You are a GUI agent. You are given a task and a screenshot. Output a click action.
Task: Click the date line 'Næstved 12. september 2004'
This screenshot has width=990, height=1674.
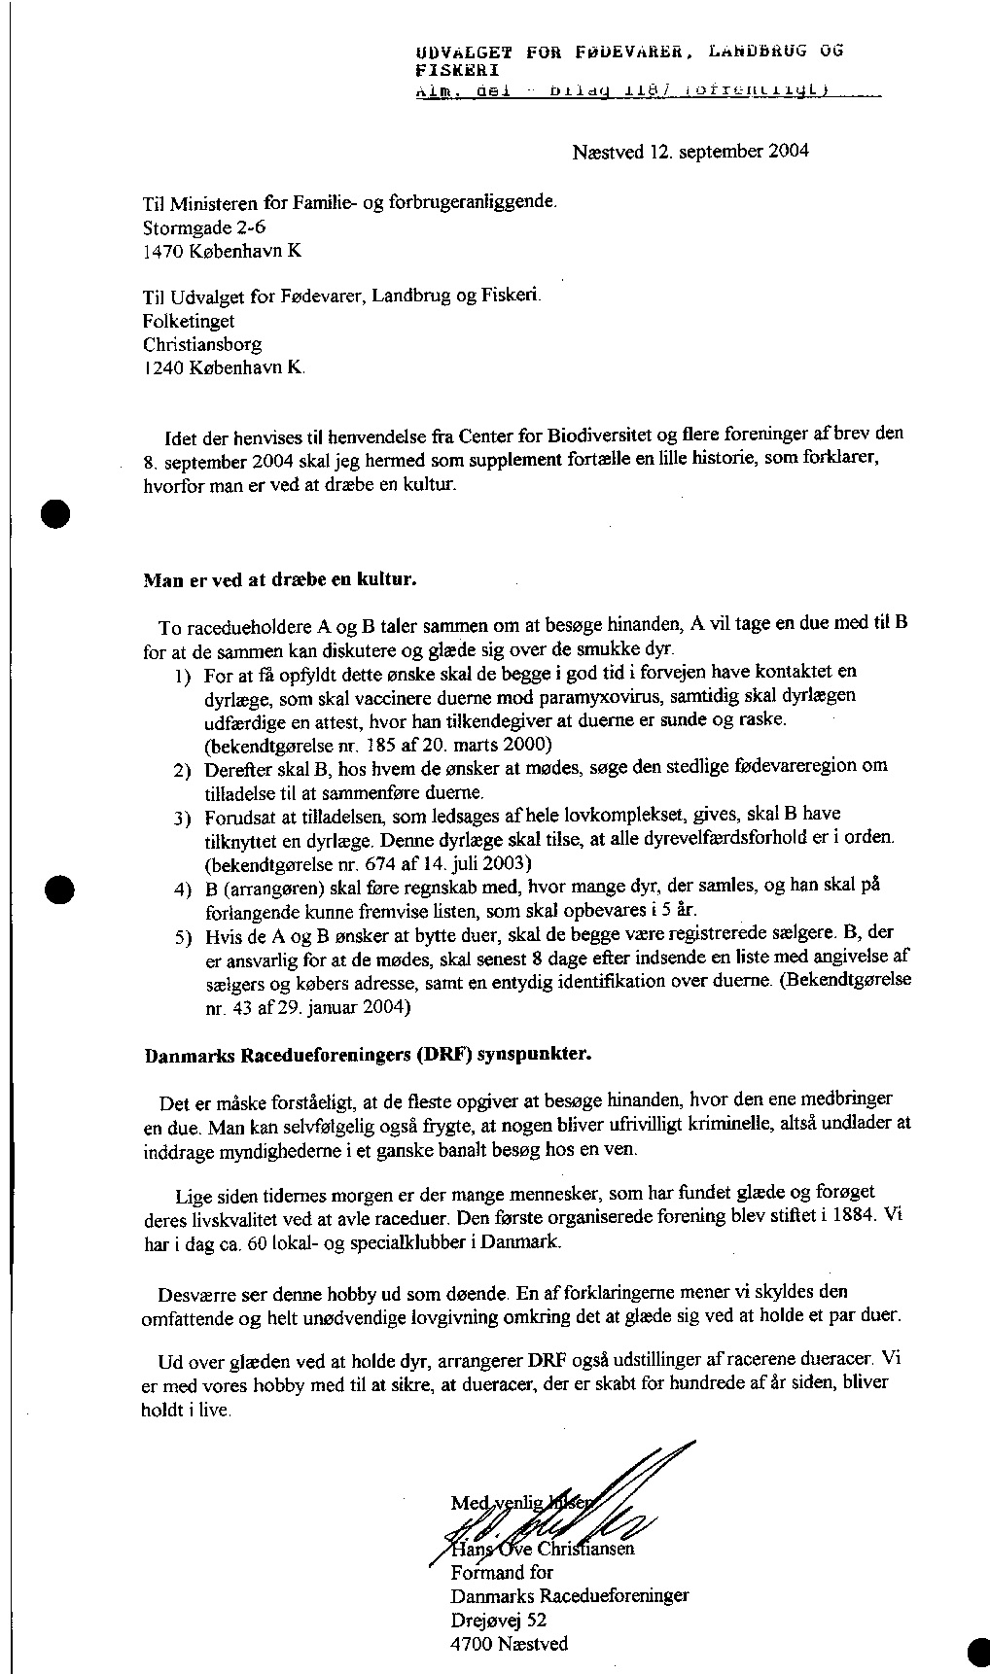690,152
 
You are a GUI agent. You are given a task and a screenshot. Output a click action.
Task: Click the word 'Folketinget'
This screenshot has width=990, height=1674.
189,321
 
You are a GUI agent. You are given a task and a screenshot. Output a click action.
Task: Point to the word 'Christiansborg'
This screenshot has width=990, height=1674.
202,344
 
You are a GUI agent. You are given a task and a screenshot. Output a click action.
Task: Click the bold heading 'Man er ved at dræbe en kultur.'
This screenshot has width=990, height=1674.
280,580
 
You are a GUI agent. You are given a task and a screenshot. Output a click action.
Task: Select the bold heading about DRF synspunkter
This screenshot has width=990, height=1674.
367,1054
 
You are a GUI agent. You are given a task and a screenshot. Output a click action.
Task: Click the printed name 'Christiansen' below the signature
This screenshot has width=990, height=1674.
588,1549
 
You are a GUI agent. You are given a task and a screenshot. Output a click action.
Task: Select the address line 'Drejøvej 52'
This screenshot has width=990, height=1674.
498,1620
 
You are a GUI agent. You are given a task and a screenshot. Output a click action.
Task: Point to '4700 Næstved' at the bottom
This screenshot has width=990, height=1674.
510,1644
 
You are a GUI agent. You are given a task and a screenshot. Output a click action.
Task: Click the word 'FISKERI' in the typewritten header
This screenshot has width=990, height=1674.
456,70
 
